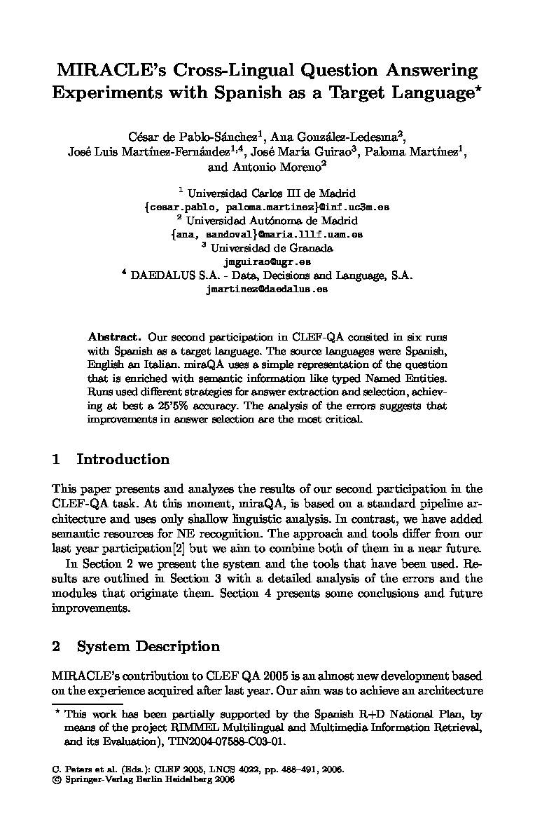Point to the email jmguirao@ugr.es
[267, 261]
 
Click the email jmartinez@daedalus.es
[267, 289]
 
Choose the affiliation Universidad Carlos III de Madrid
[272, 193]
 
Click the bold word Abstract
[115, 337]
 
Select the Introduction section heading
[123, 460]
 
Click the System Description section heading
[148, 647]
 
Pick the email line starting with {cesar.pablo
[267, 207]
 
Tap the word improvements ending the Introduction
[90, 608]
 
